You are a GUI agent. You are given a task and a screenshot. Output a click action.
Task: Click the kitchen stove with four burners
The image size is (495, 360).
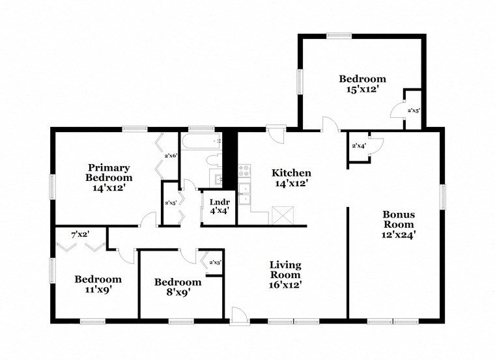(244, 171)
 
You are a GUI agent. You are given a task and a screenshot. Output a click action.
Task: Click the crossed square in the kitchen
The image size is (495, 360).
(283, 215)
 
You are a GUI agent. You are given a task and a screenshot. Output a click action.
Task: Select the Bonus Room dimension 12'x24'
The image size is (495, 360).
(399, 235)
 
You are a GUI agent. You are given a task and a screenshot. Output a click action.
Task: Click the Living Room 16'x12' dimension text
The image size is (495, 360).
(286, 284)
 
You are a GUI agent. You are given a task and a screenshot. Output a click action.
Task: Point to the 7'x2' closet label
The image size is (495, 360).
(80, 233)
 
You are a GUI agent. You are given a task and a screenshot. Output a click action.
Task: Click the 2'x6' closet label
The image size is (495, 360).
(171, 156)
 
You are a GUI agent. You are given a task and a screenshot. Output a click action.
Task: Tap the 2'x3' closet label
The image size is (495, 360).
(215, 262)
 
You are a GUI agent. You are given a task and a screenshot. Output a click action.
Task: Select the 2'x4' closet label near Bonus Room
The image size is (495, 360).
(359, 146)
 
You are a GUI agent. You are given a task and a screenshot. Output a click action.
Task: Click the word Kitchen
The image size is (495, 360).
(291, 173)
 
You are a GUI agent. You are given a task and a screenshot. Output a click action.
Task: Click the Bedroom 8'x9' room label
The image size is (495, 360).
(178, 287)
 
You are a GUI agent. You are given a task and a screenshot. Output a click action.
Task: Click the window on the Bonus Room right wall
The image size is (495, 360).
(443, 195)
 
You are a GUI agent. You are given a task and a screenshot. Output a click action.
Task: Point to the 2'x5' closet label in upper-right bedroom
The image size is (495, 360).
(414, 111)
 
